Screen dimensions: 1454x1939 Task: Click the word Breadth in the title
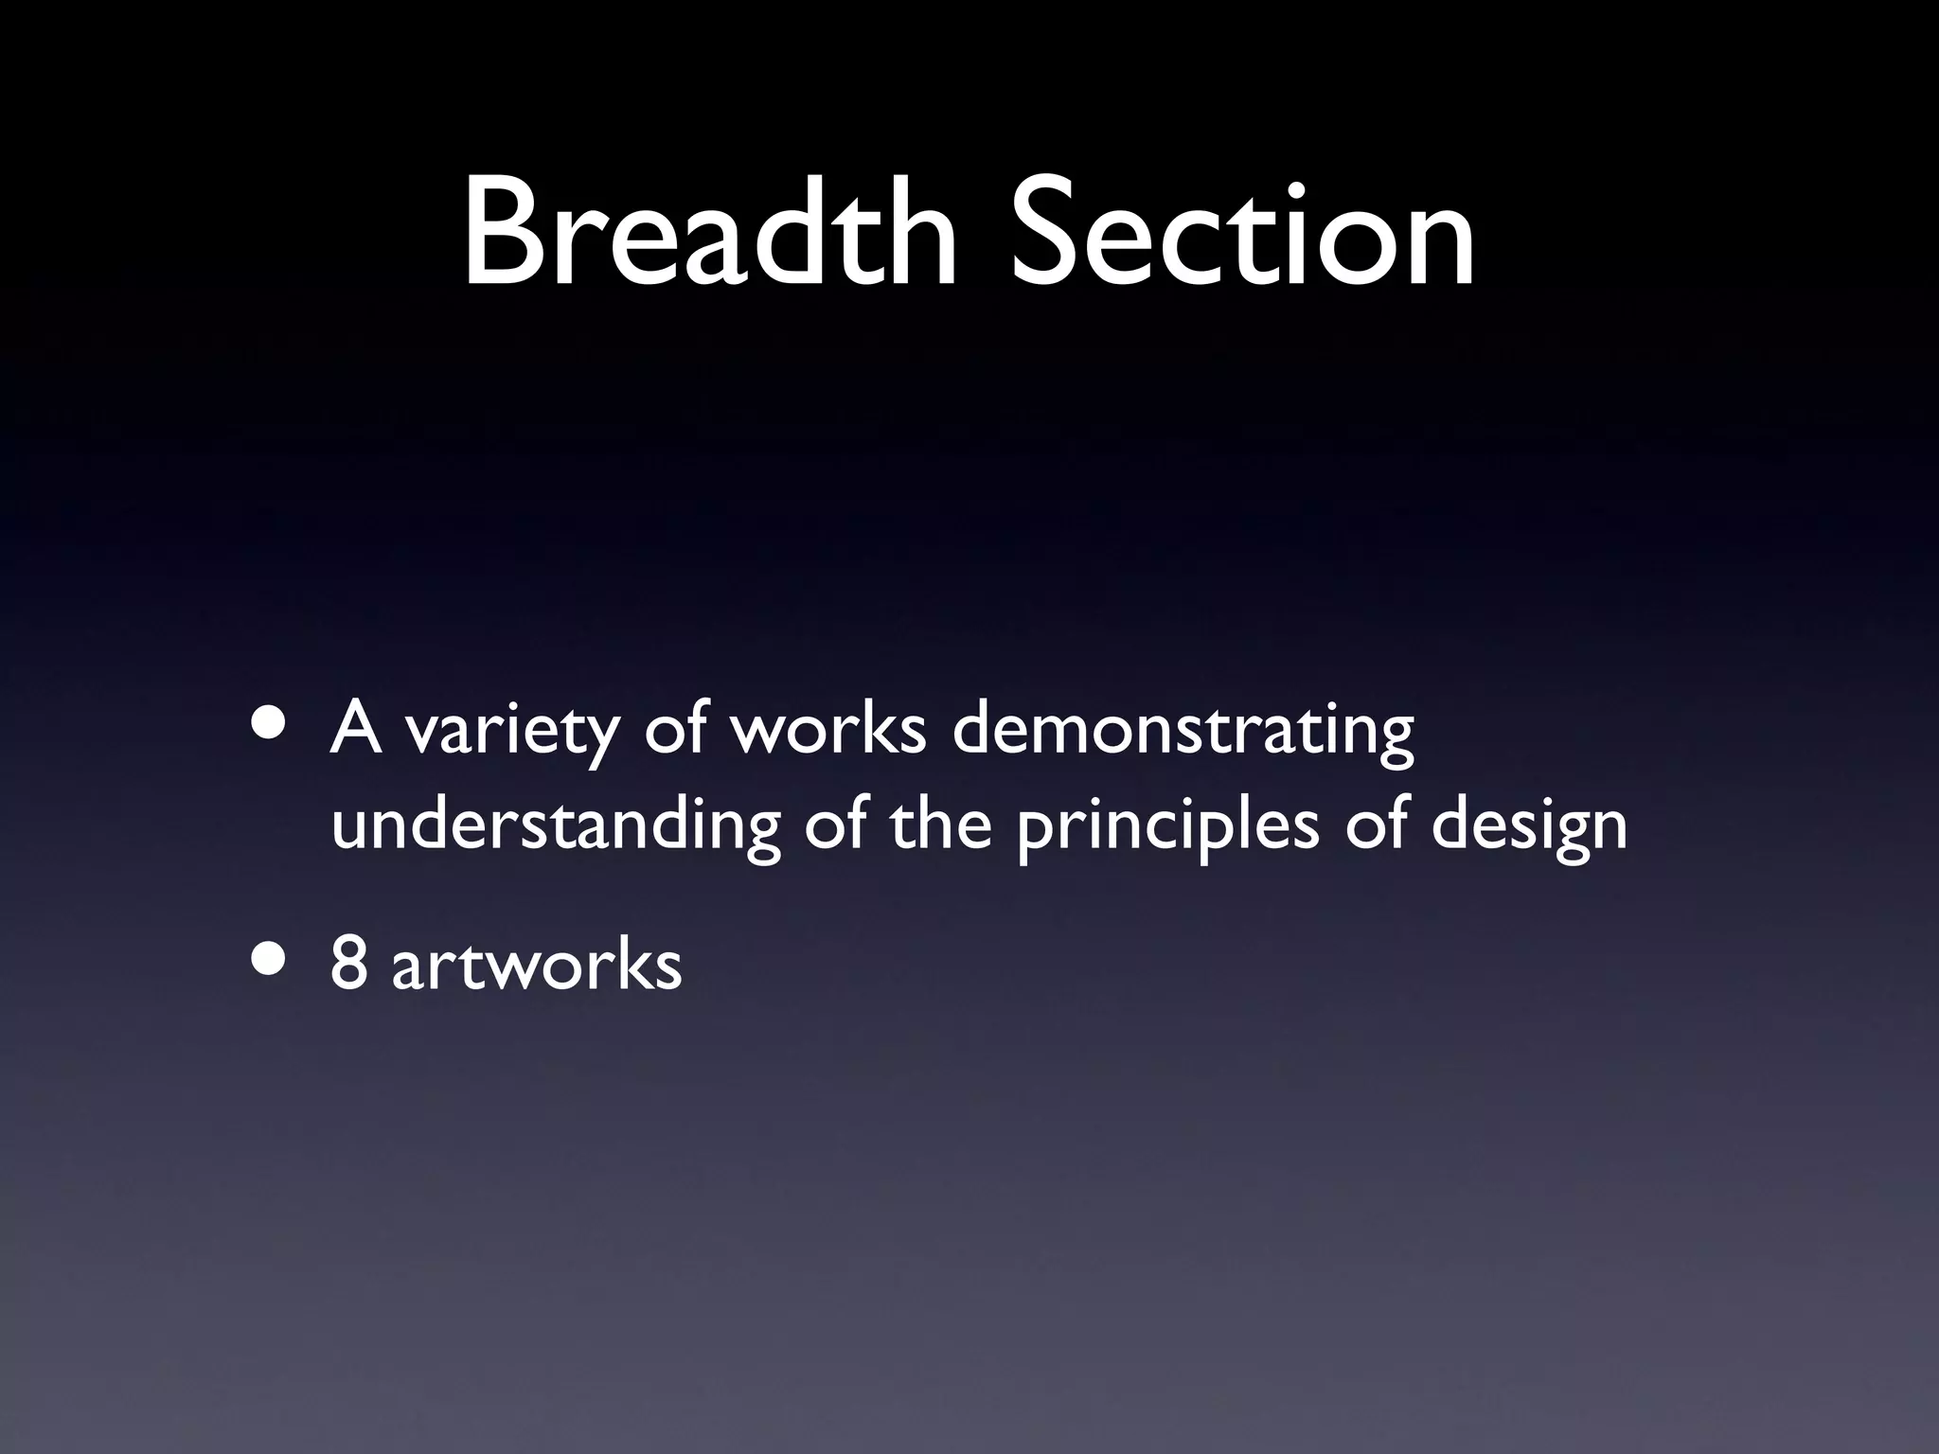click(x=710, y=231)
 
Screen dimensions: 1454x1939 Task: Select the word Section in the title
click(x=1242, y=231)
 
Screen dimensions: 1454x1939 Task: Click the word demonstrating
click(x=1183, y=733)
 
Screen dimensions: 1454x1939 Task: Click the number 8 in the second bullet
click(x=348, y=964)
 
